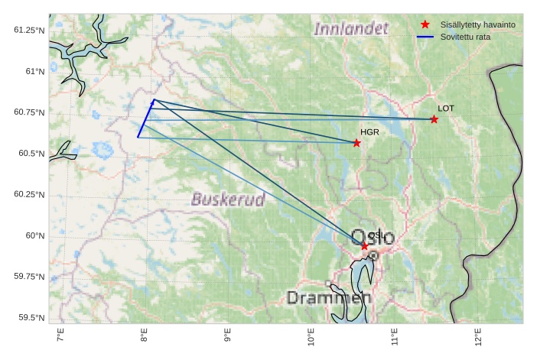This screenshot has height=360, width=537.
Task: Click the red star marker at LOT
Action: coord(434,119)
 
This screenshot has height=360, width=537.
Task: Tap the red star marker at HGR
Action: coord(356,143)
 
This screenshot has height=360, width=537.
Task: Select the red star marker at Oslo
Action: coord(365,246)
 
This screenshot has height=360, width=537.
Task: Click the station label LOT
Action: coord(445,109)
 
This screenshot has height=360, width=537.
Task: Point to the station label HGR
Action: coord(369,132)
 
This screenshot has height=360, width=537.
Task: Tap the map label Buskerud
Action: coord(228,200)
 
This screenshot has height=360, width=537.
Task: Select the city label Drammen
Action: coord(329,298)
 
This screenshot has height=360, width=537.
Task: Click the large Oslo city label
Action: coord(373,237)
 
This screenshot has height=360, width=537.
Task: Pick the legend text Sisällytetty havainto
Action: coord(477,24)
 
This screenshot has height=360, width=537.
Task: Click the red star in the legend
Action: coord(425,24)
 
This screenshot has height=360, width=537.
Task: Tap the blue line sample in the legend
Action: coord(425,37)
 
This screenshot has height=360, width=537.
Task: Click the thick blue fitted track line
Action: coord(146,118)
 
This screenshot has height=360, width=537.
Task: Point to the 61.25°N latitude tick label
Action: coord(29,30)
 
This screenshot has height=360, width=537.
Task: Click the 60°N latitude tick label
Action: coord(34,235)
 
